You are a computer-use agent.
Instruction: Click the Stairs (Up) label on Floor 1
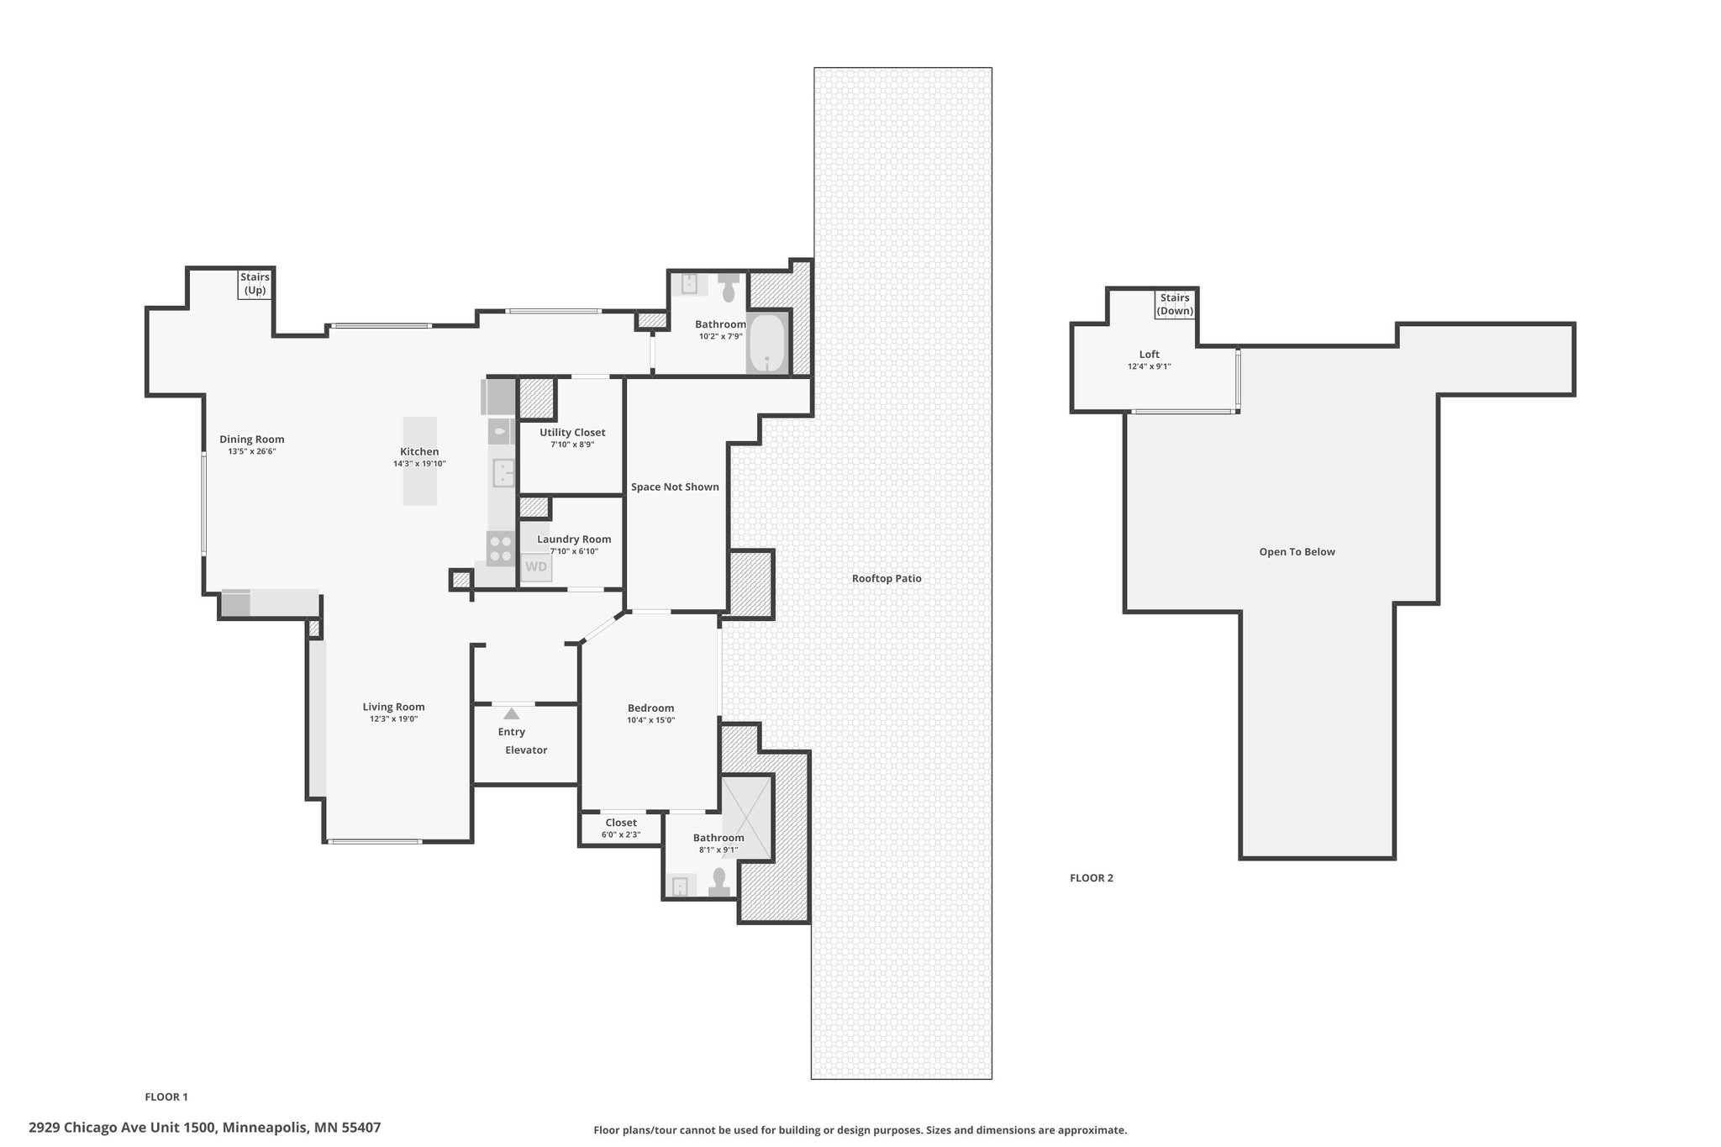click(x=255, y=284)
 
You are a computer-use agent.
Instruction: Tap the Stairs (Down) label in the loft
click(x=1175, y=304)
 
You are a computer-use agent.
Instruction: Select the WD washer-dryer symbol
click(x=536, y=567)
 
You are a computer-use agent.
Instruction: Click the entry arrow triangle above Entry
click(x=511, y=713)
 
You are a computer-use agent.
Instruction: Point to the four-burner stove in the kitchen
click(x=501, y=548)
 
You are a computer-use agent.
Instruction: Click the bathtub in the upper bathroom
click(x=766, y=344)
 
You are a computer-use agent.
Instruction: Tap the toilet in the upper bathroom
click(x=729, y=287)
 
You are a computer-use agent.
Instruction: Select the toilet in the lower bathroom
click(x=718, y=881)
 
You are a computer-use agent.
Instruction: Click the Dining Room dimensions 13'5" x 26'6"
click(x=252, y=451)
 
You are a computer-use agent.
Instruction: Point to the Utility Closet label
click(x=572, y=432)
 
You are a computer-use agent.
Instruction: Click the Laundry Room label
click(x=574, y=539)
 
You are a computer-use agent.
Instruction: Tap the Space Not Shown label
click(x=675, y=487)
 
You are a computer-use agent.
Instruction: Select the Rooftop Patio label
click(x=887, y=578)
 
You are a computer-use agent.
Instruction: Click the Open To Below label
click(x=1297, y=552)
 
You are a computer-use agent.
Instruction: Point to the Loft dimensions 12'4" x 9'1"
click(x=1149, y=366)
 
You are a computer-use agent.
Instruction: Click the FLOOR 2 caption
click(x=1092, y=878)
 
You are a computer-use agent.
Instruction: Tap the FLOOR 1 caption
click(x=166, y=1097)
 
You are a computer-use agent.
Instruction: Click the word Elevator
click(x=526, y=750)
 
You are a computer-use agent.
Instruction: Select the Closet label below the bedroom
click(x=621, y=823)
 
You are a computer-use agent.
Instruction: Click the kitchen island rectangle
click(x=420, y=461)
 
